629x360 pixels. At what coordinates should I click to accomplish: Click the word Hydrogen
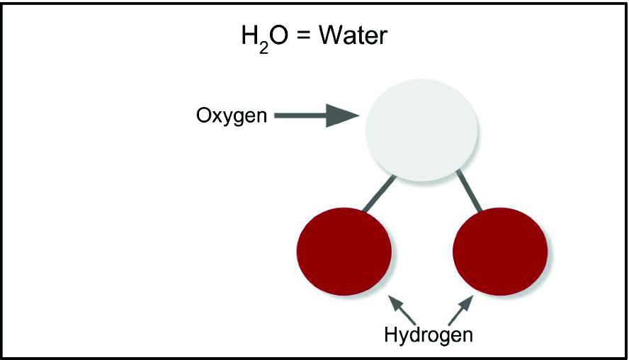428,334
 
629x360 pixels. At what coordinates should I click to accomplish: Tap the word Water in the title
353,36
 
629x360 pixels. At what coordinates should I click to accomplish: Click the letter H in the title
249,36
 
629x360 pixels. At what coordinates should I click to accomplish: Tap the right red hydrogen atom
499,252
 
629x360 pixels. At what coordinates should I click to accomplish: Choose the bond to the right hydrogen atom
470,191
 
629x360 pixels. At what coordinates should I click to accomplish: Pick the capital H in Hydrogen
390,334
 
